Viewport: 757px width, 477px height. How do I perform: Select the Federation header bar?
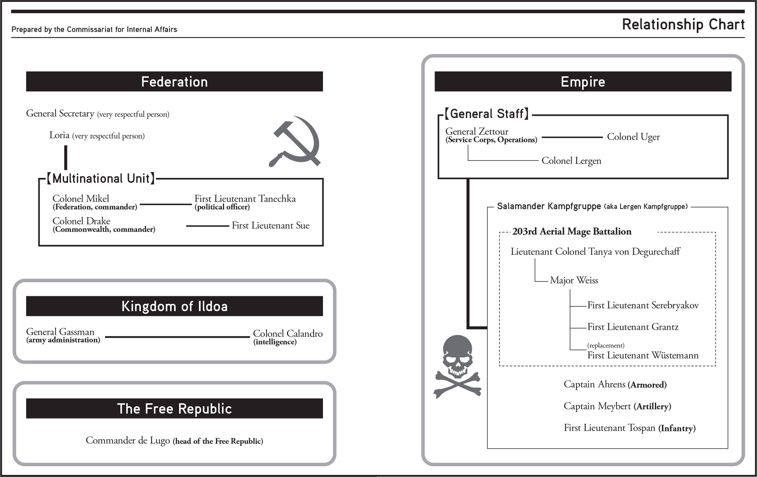point(174,82)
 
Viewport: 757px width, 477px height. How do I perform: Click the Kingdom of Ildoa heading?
point(174,306)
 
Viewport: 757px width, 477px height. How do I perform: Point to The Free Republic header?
point(174,408)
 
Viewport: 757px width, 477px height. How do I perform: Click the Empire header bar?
point(583,82)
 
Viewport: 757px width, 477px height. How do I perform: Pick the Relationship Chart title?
point(683,24)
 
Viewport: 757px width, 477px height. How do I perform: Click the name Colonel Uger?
point(633,137)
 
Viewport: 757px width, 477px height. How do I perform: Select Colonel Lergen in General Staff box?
point(571,161)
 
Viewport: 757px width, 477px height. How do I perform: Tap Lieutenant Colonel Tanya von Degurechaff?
point(595,252)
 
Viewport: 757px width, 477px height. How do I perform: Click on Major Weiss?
point(574,280)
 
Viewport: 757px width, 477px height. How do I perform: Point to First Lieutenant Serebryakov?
point(643,306)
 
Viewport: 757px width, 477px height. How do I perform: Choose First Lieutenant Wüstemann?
point(643,356)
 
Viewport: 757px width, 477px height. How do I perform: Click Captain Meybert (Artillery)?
point(617,406)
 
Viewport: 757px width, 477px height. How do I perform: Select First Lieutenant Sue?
point(270,226)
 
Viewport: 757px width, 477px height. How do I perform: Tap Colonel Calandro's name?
point(288,334)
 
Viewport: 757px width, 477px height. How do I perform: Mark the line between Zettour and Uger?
point(572,137)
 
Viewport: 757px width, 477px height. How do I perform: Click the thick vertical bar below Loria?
point(66,158)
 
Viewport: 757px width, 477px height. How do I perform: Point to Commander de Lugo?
point(128,440)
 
